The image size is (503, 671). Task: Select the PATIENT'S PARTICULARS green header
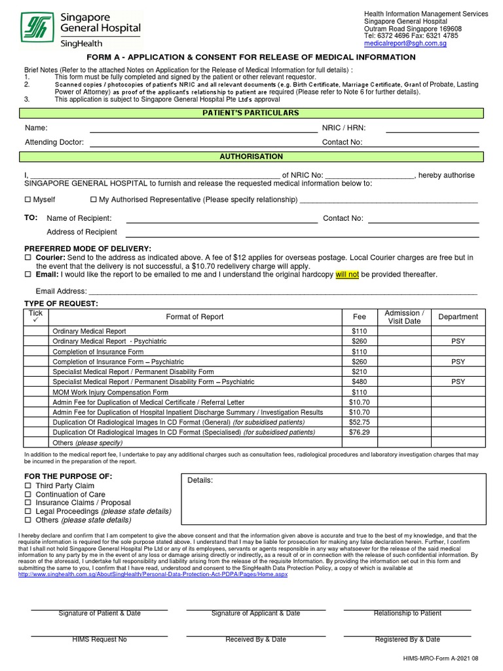tap(251, 113)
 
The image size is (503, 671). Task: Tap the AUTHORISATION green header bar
tap(251, 157)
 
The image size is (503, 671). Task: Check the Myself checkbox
tap(28, 200)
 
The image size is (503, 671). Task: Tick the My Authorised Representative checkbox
tap(93, 200)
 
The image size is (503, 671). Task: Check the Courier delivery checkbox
tap(28, 259)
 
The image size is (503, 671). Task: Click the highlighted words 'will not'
tap(347, 275)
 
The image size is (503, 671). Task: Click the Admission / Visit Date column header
tap(404, 317)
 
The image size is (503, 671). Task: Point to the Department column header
tap(458, 317)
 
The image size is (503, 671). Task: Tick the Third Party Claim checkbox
tap(28, 486)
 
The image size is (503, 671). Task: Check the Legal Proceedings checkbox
tap(28, 511)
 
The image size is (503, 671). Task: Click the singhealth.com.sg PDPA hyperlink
tap(153, 575)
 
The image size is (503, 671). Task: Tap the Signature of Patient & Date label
tap(100, 613)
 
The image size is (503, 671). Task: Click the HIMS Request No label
tap(100, 640)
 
